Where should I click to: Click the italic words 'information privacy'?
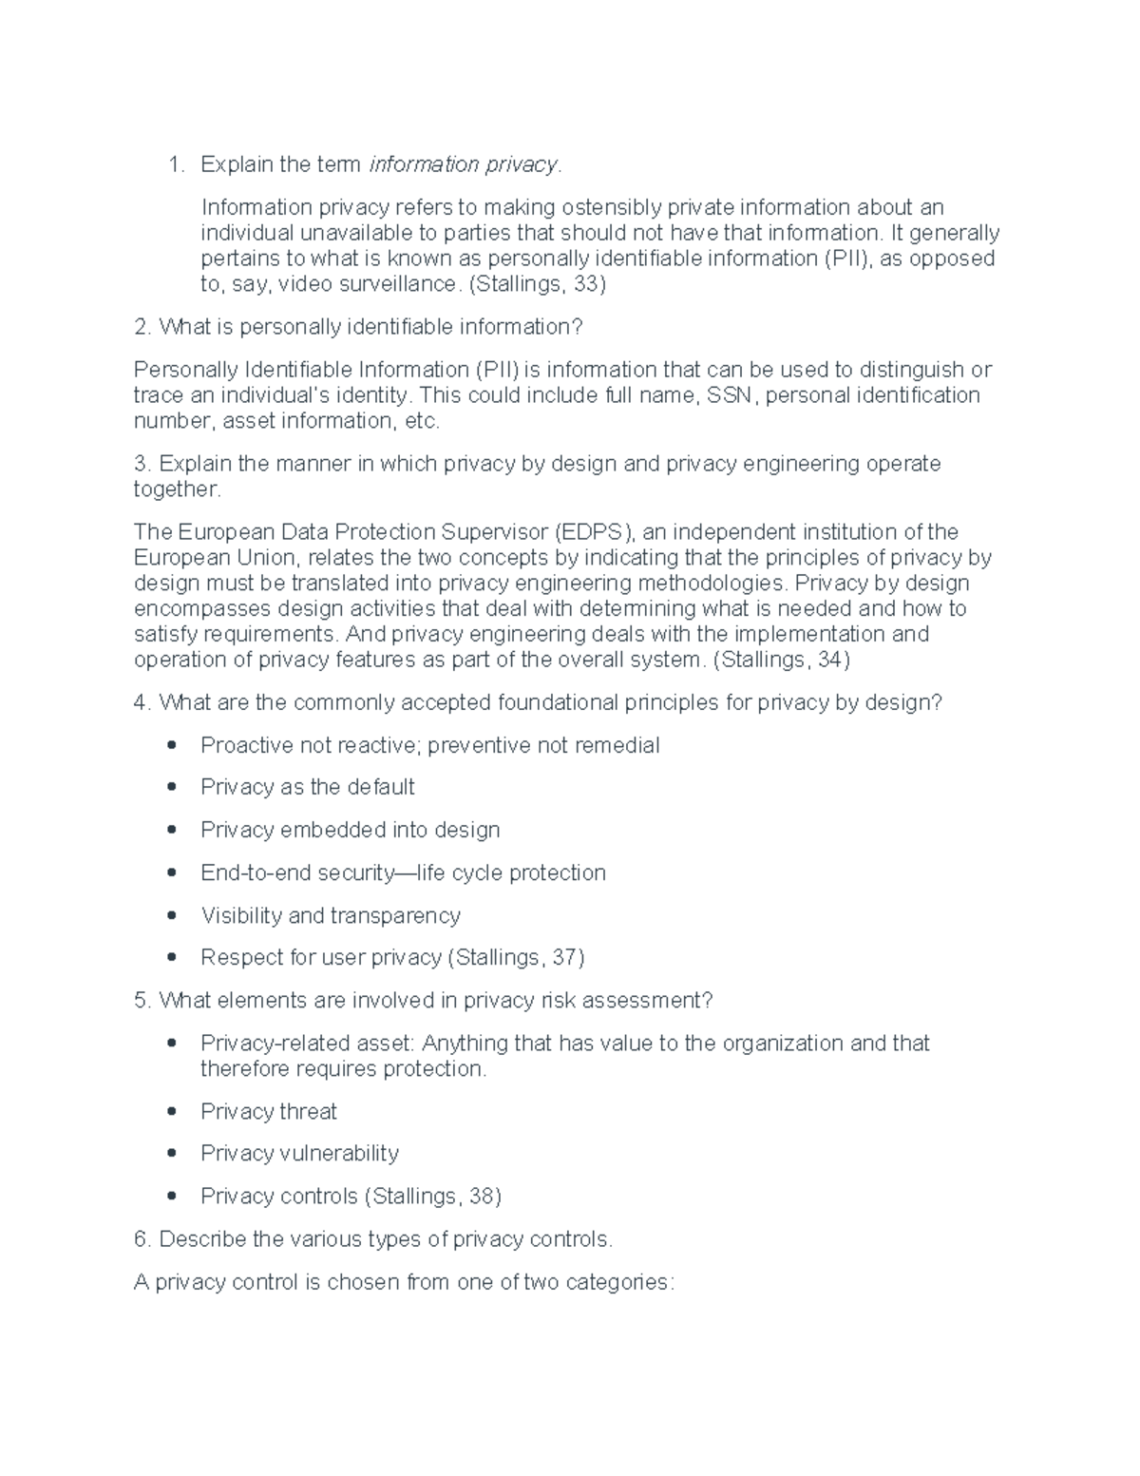pos(464,164)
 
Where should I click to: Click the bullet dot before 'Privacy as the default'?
pos(172,787)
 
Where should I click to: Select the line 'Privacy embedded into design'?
pos(350,830)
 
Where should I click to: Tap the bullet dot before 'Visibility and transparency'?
pos(172,915)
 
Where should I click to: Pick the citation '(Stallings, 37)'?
pos(515,957)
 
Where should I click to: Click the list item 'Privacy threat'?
pos(269,1111)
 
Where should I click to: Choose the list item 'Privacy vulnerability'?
pos(299,1153)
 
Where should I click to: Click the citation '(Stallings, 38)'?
pos(432,1196)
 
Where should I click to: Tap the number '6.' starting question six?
pos(142,1239)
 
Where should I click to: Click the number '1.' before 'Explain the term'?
pos(176,164)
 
